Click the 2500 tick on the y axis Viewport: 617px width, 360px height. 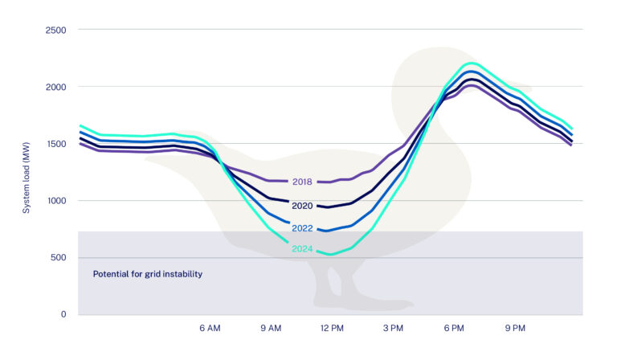55,30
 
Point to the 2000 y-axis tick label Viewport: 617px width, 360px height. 55,87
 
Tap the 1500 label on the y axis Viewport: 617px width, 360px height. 55,144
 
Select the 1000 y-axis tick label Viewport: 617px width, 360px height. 55,201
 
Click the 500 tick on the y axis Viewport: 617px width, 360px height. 58,258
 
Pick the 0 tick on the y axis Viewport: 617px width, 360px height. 63,315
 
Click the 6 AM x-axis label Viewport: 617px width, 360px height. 210,329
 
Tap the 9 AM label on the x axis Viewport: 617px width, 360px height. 271,329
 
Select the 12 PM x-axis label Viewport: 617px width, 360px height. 332,329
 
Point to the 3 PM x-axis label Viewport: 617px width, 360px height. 393,329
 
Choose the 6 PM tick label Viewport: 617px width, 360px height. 454,329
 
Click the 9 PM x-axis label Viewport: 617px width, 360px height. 515,329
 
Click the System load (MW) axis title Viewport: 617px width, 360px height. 27,172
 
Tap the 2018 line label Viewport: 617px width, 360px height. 303,182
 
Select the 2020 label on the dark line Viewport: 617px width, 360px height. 303,206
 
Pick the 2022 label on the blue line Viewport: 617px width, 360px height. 303,228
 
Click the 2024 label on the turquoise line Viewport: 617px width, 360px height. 303,248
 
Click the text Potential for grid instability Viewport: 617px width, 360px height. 147,274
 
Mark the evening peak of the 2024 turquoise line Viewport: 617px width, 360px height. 471,63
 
